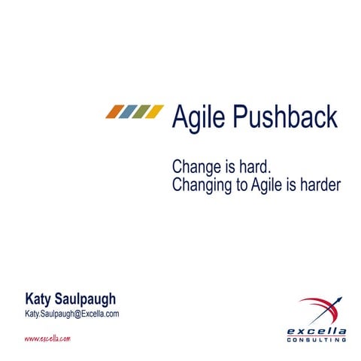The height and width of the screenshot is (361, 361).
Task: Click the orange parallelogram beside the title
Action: coord(114,112)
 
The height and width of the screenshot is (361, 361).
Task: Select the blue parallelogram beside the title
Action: coord(128,112)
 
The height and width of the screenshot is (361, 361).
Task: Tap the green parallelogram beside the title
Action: coord(141,112)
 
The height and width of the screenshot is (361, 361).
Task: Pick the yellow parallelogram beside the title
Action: coord(155,112)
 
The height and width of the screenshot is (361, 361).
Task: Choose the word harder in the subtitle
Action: coord(319,184)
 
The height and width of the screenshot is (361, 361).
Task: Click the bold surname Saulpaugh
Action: coord(86,299)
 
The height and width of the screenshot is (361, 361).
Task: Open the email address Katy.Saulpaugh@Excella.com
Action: coord(72,314)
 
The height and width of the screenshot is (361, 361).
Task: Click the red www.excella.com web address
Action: coord(47,339)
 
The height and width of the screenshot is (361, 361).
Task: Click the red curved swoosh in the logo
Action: coord(312,304)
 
